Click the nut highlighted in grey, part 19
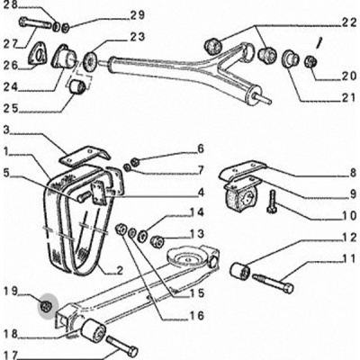46,306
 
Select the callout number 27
11,43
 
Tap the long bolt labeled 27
35,23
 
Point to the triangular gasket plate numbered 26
37,55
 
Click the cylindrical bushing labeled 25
77,86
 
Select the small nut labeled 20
310,61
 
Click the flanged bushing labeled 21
290,58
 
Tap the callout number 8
352,173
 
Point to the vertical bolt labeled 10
272,202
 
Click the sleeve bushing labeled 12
240,271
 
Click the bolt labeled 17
121,346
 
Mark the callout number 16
196,315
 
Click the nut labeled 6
135,162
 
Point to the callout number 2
120,271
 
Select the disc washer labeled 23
91,60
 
